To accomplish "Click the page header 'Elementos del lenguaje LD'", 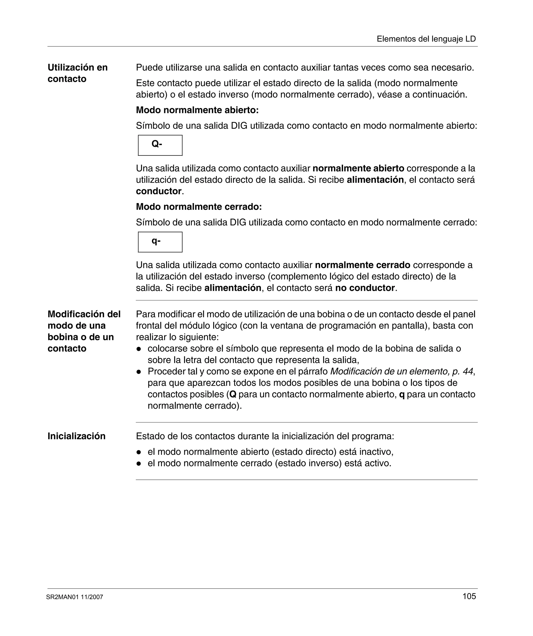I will click(x=426, y=39).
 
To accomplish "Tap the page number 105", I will click(x=469, y=596).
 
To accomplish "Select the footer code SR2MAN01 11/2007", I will click(x=74, y=597).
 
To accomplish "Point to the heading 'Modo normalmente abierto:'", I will click(x=197, y=110).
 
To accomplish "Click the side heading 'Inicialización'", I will click(x=76, y=436).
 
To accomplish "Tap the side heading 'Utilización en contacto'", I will click(x=78, y=73).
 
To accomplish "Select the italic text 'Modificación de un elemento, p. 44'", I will click(x=401, y=371).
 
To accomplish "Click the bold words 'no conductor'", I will click(x=365, y=288).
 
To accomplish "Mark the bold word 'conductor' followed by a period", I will click(x=158, y=191).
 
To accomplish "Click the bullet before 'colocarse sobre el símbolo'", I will click(x=139, y=349).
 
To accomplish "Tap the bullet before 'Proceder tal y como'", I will click(x=139, y=371).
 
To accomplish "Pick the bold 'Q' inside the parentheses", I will click(x=233, y=394).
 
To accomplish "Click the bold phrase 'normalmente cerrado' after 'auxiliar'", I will click(x=363, y=265).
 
